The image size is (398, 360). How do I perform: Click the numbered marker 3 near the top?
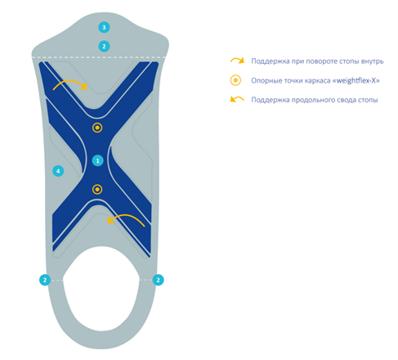tap(104, 27)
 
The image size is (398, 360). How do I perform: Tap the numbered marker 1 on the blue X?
tap(97, 160)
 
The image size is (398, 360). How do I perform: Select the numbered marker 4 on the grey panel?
tap(58, 171)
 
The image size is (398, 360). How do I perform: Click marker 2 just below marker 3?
tap(104, 47)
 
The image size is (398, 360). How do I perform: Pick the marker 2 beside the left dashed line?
tap(45, 280)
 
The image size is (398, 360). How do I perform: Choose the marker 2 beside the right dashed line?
tap(158, 280)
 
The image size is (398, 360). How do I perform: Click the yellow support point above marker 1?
tap(97, 128)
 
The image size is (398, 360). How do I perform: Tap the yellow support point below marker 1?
tap(97, 189)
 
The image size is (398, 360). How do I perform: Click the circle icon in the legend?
tap(235, 80)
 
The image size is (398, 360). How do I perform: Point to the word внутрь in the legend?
tap(373, 61)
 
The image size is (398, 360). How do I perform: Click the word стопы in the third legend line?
tap(369, 100)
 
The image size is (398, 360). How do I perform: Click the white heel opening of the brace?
tap(101, 289)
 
